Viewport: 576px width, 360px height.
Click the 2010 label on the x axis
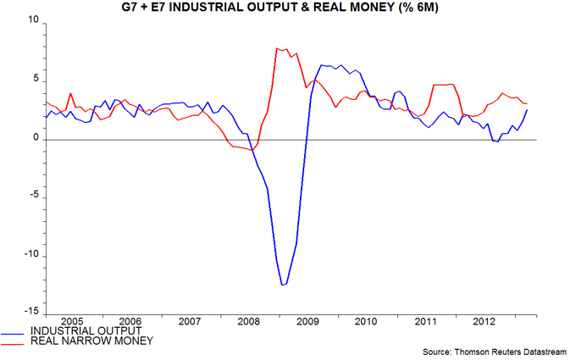tap(365, 322)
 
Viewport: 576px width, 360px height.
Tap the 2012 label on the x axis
tap(483, 322)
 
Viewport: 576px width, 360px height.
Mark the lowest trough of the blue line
tap(283, 285)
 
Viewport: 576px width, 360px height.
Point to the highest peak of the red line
tap(277, 48)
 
